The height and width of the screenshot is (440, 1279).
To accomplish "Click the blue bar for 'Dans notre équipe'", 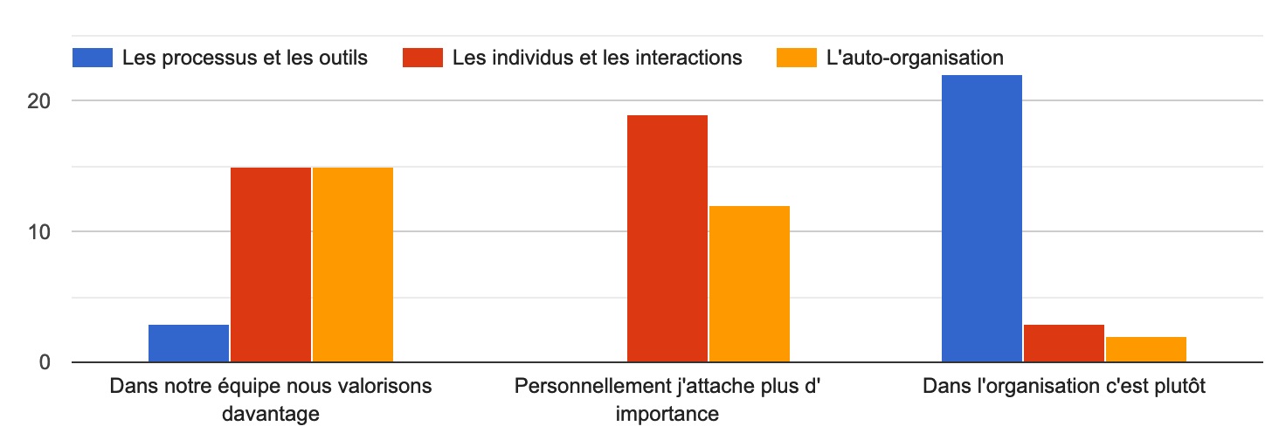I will pyautogui.click(x=189, y=343).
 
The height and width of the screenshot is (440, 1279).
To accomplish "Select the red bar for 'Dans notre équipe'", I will pyautogui.click(x=271, y=265).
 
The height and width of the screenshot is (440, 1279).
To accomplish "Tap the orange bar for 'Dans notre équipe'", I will pyautogui.click(x=353, y=265).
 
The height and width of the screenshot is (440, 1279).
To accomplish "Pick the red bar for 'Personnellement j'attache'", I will pyautogui.click(x=667, y=238).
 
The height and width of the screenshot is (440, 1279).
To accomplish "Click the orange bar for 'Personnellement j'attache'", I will pyautogui.click(x=750, y=284).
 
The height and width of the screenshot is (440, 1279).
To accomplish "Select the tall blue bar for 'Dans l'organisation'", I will pyautogui.click(x=982, y=218).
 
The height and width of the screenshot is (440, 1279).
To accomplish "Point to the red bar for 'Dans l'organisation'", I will pyautogui.click(x=1064, y=343).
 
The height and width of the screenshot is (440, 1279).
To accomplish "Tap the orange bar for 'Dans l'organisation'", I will pyautogui.click(x=1146, y=349).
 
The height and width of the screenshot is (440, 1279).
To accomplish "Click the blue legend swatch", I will pyautogui.click(x=93, y=58).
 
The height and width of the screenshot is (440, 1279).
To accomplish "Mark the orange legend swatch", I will pyautogui.click(x=797, y=58).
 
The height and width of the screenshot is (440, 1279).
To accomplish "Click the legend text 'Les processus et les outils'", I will pyautogui.click(x=245, y=58).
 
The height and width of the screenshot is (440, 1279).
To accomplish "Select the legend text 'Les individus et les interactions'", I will pyautogui.click(x=598, y=58).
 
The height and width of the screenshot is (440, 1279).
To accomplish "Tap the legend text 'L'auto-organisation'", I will pyautogui.click(x=915, y=58).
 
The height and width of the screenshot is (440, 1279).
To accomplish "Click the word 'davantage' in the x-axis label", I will pyautogui.click(x=271, y=413).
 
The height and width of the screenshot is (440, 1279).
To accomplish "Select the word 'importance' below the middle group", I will pyautogui.click(x=667, y=413).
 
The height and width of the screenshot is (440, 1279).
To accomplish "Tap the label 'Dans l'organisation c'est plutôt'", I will pyautogui.click(x=1064, y=387).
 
